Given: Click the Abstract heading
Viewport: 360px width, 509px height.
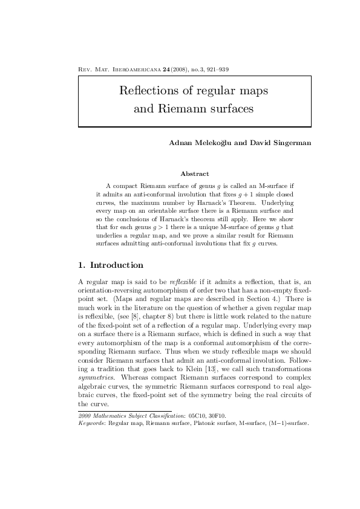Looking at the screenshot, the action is coord(195,174).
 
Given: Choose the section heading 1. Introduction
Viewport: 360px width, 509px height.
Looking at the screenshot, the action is coord(111,265).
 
